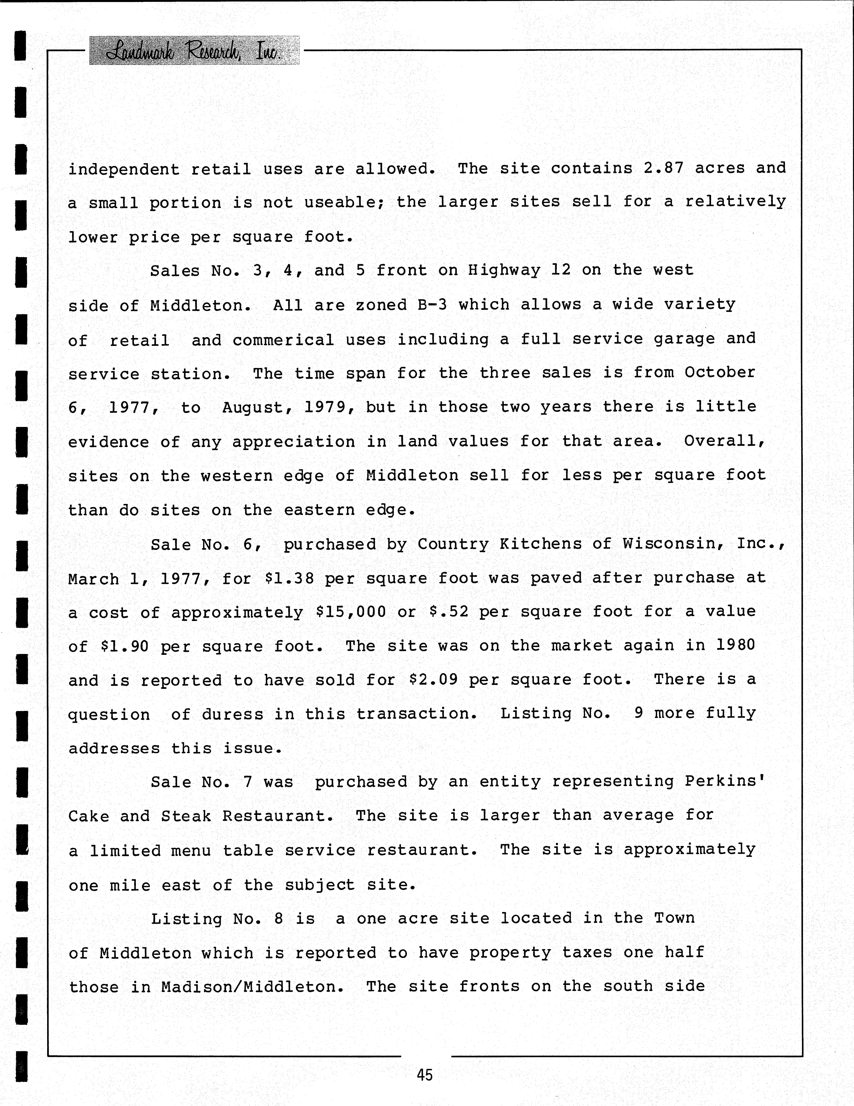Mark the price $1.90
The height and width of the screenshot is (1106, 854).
point(125,647)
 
